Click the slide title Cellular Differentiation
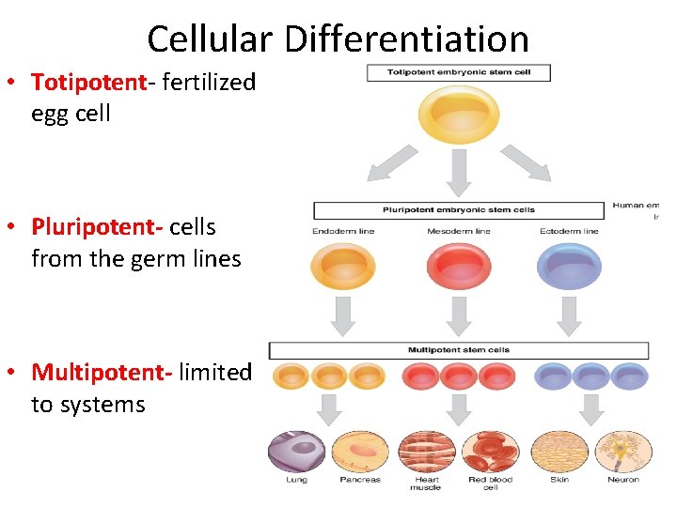[338, 38]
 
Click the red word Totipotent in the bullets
[89, 83]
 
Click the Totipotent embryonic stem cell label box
[458, 73]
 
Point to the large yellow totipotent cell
[458, 114]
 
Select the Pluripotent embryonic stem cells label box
[458, 210]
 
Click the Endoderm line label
[342, 231]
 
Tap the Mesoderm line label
[458, 231]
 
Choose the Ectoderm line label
[569, 231]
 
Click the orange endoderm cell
[342, 266]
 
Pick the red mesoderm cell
[459, 266]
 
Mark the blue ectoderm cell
[569, 266]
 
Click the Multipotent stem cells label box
[458, 350]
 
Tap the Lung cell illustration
[296, 451]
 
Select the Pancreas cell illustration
[360, 451]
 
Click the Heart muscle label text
[425, 483]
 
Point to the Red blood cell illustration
[490, 451]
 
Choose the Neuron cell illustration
[622, 451]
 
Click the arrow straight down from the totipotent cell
[459, 172]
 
